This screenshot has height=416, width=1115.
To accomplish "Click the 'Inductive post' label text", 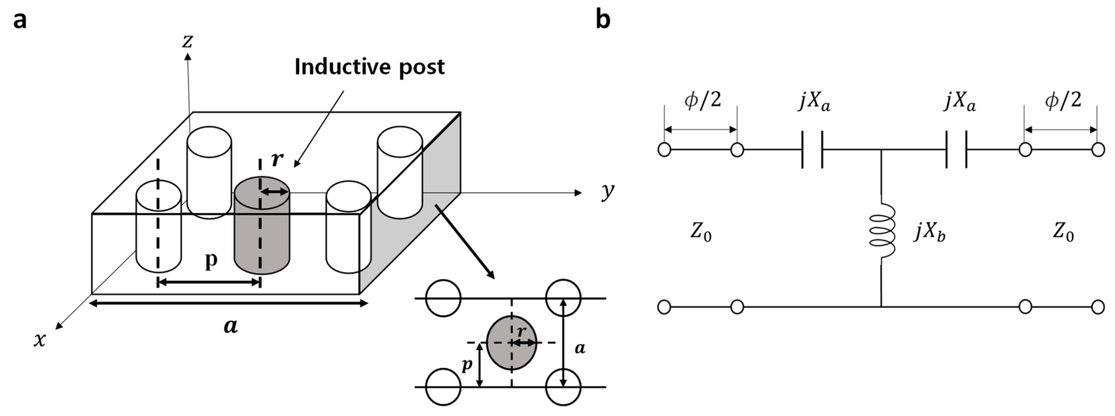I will coord(369,67).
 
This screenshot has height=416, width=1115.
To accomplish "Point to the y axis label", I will coord(608,191).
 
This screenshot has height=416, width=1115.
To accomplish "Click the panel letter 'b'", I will coord(603,20).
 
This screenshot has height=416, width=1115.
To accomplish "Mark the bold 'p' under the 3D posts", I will coord(211,260).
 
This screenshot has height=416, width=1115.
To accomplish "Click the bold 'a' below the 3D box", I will coord(231,326).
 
